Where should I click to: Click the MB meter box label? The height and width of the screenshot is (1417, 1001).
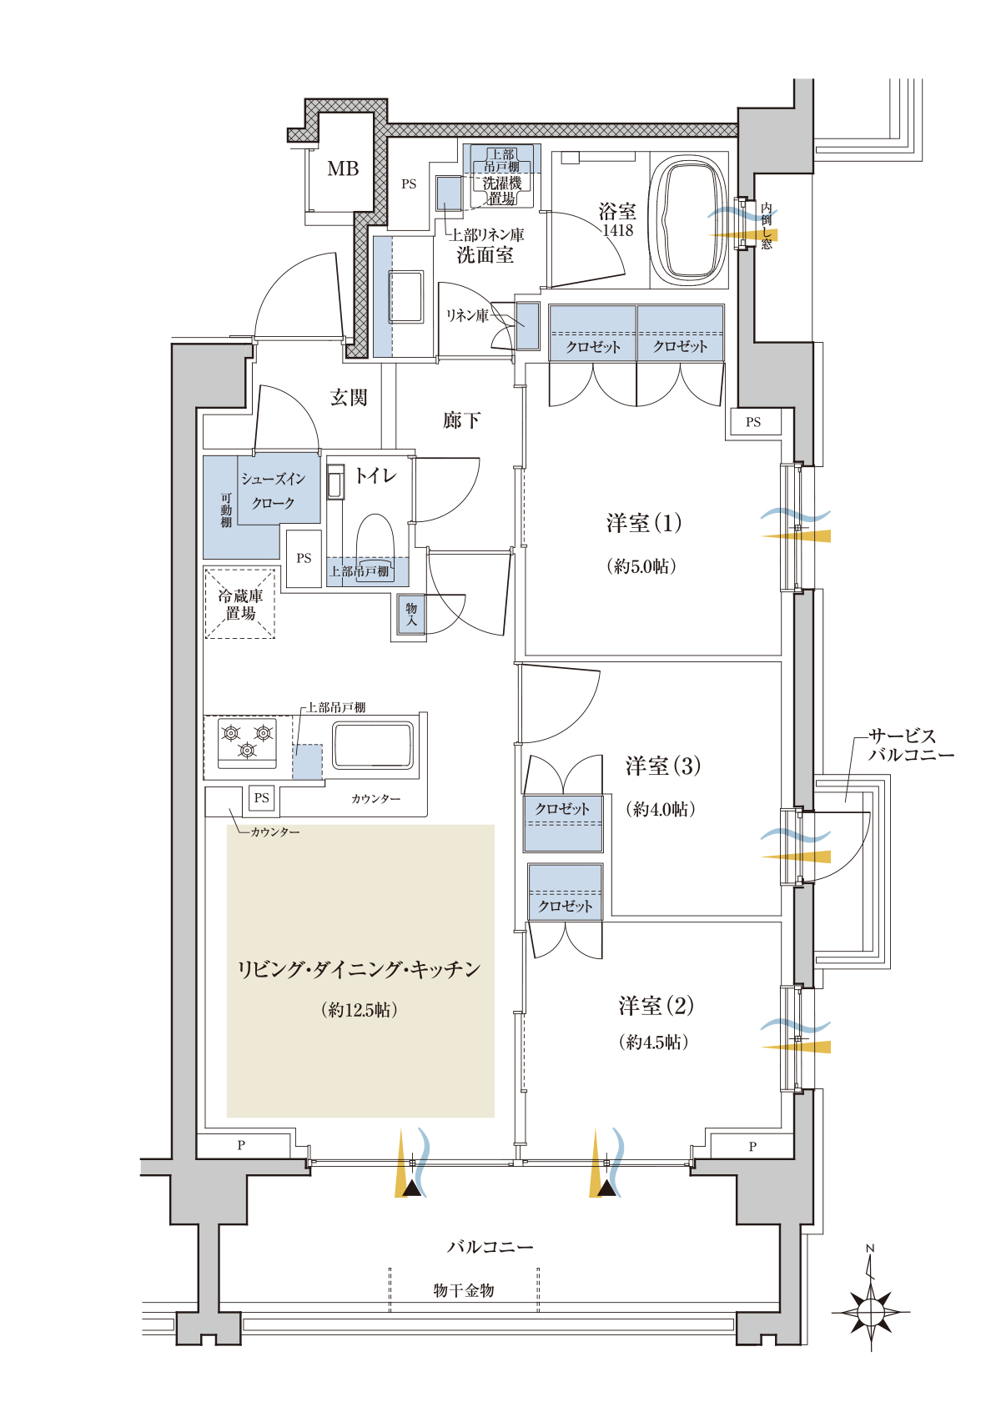click(343, 169)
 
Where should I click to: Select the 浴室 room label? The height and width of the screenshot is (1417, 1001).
click(617, 212)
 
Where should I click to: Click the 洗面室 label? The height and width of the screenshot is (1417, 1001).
click(485, 255)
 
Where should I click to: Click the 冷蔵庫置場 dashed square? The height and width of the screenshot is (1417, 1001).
click(240, 604)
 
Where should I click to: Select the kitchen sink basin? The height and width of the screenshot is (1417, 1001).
click(372, 745)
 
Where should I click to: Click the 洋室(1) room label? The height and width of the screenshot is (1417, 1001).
click(643, 524)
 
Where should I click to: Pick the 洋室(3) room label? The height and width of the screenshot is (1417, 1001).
click(662, 766)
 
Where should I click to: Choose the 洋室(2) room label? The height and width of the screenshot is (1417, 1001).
click(656, 1006)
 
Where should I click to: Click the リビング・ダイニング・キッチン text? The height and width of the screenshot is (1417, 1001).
click(360, 969)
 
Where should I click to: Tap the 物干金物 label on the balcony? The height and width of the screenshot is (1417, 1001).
click(464, 1290)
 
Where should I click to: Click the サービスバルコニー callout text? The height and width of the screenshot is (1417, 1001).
click(910, 746)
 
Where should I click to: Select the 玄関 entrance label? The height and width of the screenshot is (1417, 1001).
click(349, 398)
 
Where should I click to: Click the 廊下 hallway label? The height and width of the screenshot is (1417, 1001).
click(461, 420)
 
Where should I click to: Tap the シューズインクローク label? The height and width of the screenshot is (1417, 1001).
click(274, 491)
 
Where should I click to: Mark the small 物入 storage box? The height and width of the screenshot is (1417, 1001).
click(411, 616)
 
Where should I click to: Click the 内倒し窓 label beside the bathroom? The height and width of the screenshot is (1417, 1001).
click(767, 226)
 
